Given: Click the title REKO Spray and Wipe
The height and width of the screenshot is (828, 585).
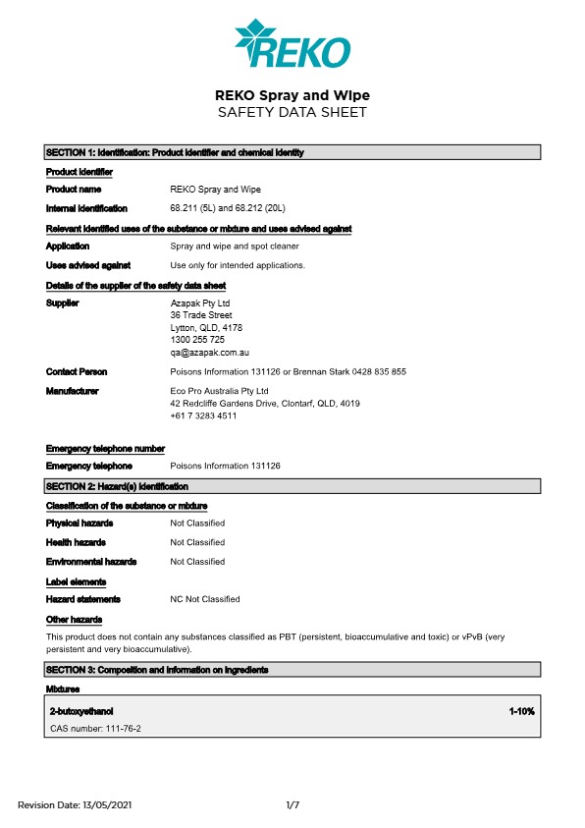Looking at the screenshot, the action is pyautogui.click(x=292, y=95).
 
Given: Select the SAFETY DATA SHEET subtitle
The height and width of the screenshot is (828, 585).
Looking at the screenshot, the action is pyautogui.click(x=292, y=112).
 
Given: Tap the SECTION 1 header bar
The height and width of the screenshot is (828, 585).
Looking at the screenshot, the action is pyautogui.click(x=292, y=152).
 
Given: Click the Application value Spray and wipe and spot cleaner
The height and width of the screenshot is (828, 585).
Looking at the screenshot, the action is pyautogui.click(x=235, y=247).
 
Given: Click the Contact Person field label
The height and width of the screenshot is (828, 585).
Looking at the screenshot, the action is pyautogui.click(x=77, y=372).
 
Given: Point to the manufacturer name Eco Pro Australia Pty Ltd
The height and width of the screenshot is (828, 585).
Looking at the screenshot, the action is pyautogui.click(x=219, y=391).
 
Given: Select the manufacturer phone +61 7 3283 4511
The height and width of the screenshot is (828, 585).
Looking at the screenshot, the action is pyautogui.click(x=203, y=415).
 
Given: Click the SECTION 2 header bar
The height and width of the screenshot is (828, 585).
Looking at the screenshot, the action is pyautogui.click(x=292, y=486).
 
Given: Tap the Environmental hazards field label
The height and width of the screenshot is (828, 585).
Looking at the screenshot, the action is pyautogui.click(x=91, y=562).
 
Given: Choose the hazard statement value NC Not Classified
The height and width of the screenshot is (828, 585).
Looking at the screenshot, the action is pyautogui.click(x=205, y=598).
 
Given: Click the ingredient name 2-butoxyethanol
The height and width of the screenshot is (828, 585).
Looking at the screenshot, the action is pyautogui.click(x=87, y=710).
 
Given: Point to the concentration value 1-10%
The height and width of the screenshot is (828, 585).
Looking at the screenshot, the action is pyautogui.click(x=521, y=710).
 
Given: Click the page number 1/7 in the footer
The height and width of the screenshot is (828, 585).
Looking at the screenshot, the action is pyautogui.click(x=292, y=805).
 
